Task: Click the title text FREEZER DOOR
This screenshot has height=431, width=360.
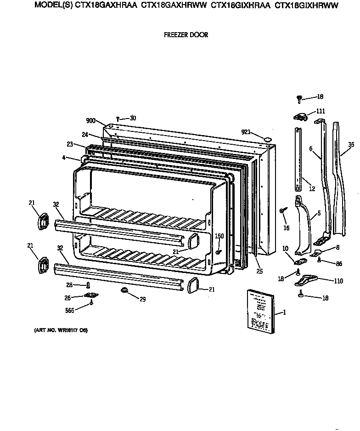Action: click(186, 35)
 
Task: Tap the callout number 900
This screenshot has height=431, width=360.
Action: click(90, 121)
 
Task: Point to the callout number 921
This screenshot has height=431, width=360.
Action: click(246, 132)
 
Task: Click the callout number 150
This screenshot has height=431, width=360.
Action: click(219, 236)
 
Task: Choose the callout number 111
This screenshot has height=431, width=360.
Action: click(320, 112)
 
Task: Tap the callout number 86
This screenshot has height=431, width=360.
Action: click(339, 263)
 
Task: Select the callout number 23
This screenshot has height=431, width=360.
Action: click(70, 144)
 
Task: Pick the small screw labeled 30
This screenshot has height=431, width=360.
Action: click(118, 119)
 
